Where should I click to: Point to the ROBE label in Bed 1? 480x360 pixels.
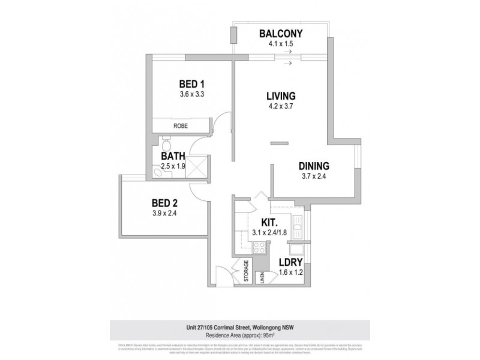[180, 126]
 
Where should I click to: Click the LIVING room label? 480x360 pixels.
[281, 96]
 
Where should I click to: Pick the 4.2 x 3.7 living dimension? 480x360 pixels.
[281, 107]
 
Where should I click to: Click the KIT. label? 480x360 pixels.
[260, 223]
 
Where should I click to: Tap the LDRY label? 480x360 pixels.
[290, 262]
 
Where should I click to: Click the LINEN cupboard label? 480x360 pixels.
[262, 277]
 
